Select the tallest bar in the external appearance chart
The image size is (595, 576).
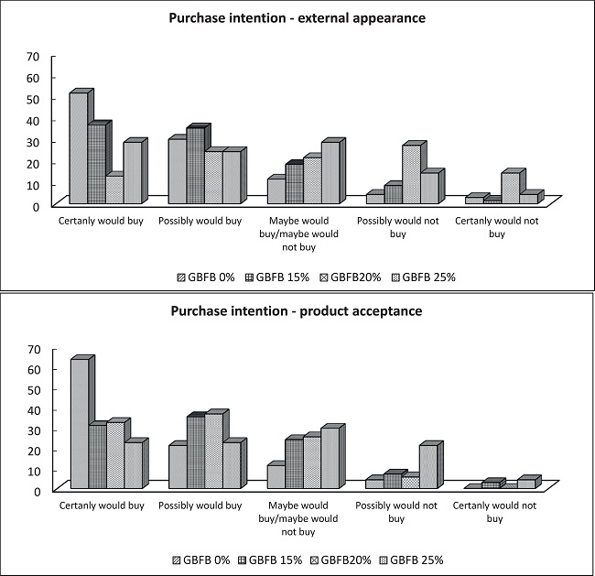click(78, 147)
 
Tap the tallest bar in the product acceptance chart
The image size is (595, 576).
click(80, 423)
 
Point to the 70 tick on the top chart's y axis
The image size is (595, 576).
click(33, 57)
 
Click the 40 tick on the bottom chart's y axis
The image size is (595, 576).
click(33, 409)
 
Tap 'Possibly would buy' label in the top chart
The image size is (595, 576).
click(200, 221)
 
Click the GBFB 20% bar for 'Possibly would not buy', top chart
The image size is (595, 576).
click(412, 174)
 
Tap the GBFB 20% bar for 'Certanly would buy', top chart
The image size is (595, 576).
click(114, 190)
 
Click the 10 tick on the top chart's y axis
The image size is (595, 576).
click(33, 185)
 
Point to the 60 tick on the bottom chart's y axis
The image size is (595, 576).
click(33, 369)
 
